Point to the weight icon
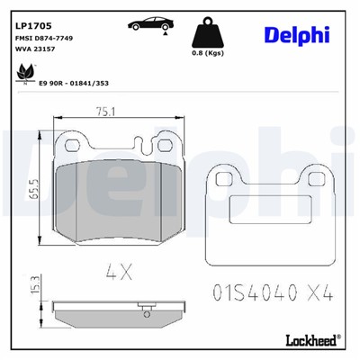209,33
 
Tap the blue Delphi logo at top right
297,34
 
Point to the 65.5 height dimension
33,190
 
